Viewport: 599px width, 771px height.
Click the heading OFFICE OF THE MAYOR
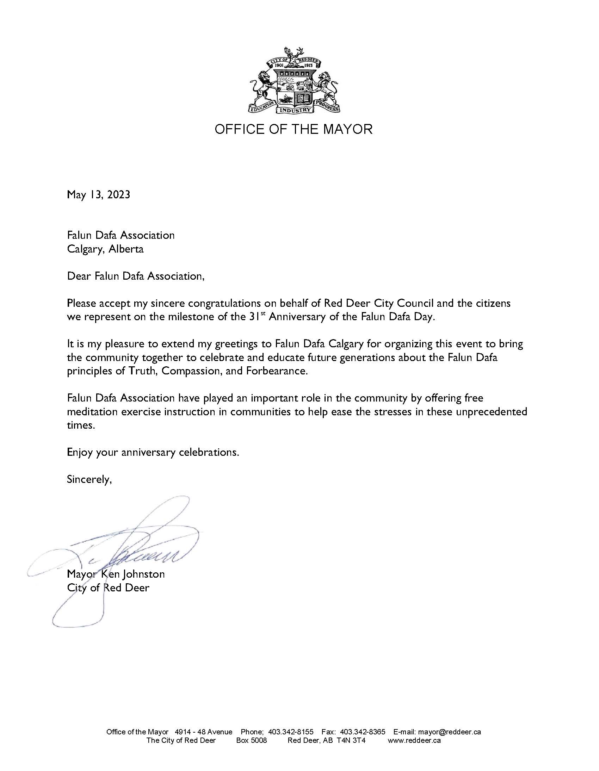point(294,129)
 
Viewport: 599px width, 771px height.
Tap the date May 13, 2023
point(99,194)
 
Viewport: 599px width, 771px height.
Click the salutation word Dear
point(80,276)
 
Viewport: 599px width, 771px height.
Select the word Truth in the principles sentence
point(144,372)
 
